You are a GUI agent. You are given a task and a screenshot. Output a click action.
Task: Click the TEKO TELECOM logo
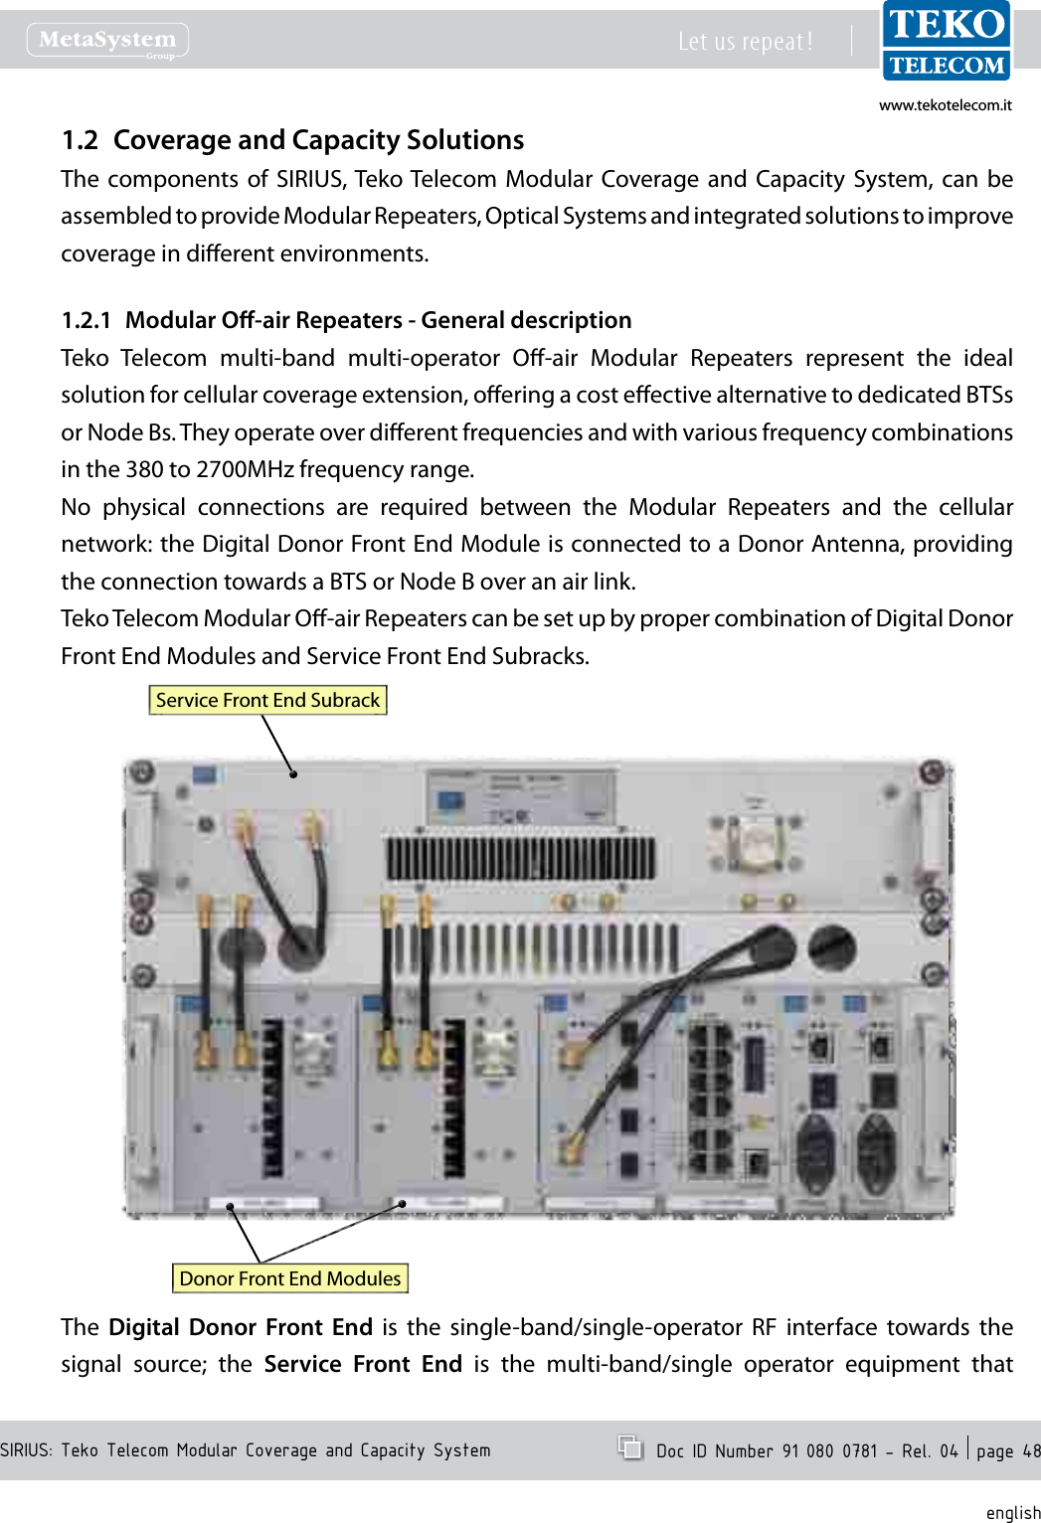coord(946,42)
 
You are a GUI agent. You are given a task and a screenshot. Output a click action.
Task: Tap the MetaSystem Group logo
coord(107,41)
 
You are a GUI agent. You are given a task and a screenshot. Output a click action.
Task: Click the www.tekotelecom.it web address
coord(945,105)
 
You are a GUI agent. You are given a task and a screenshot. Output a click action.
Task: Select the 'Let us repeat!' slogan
coord(745,42)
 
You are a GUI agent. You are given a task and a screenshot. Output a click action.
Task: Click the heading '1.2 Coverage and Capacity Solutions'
coord(292,140)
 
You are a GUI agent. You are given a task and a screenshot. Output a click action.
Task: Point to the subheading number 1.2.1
coord(86,320)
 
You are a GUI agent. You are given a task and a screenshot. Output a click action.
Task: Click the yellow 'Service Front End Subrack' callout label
coord(267,700)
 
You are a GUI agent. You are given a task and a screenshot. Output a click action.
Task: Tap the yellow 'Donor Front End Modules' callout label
coord(290,1278)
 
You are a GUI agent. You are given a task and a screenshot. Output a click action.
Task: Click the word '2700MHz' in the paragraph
coord(244,469)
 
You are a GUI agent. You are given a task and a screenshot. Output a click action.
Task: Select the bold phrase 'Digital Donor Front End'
coord(241,1327)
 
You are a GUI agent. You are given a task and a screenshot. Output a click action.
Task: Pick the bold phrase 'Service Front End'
coord(363,1364)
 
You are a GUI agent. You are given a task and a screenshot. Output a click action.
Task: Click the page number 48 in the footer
coord(1031,1451)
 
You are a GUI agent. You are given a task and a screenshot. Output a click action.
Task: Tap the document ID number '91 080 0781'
coord(829,1451)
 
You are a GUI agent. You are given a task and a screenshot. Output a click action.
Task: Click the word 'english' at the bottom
coord(1012,1512)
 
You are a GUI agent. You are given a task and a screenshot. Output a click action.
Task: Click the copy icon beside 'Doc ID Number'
coord(629,1447)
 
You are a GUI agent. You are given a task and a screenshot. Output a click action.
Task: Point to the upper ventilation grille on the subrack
coord(520,857)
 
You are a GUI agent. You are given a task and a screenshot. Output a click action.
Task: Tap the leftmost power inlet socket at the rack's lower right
coord(815,1153)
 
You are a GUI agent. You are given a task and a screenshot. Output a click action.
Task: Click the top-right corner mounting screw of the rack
coord(932,771)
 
